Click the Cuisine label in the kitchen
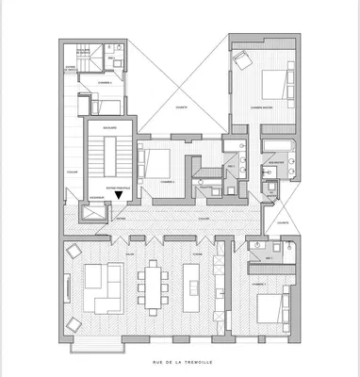coord(198,254)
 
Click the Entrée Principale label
coord(120,188)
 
